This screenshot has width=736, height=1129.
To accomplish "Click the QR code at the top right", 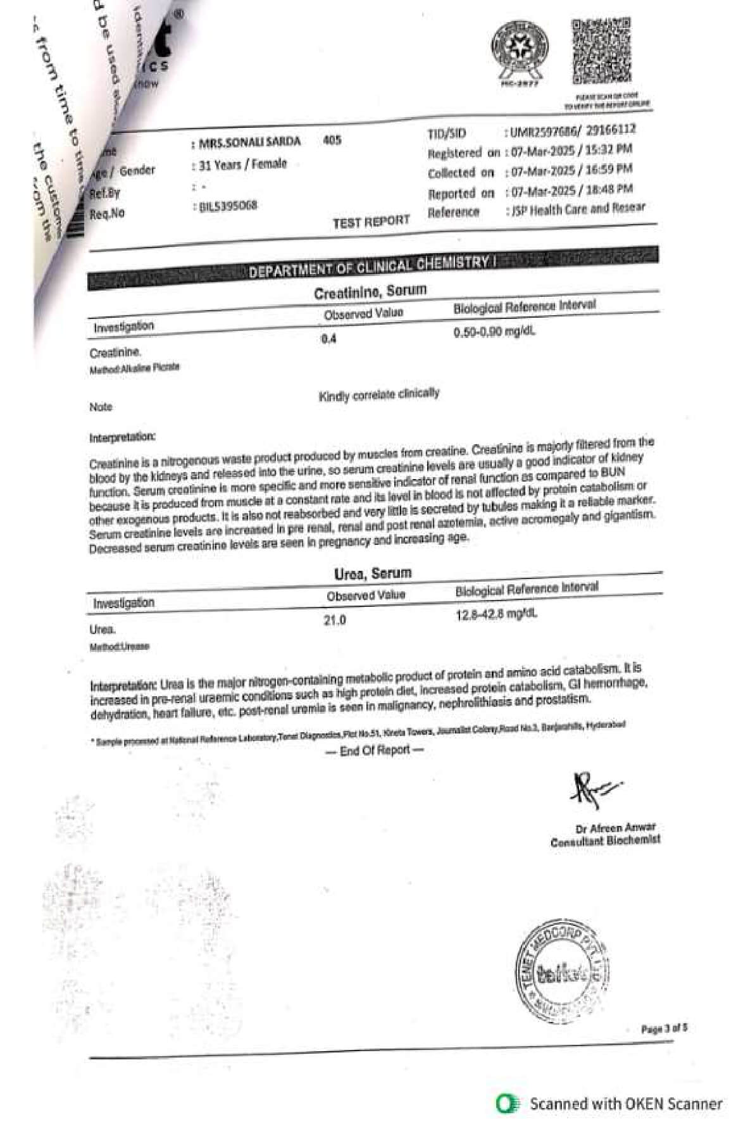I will click(601, 51).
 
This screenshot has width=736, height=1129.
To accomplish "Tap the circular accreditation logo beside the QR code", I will click(520, 50).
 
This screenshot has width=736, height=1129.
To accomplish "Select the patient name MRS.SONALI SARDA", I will click(249, 142).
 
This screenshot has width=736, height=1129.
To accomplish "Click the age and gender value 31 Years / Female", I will click(242, 165).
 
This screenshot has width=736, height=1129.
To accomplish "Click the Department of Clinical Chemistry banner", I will click(371, 266).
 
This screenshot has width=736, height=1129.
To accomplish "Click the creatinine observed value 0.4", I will click(328, 339).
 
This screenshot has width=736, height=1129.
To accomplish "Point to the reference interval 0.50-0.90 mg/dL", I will click(494, 332).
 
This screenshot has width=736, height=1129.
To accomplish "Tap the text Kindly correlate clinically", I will click(378, 395).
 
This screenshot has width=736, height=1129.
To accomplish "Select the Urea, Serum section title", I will click(373, 573).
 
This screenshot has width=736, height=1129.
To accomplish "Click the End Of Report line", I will click(375, 751).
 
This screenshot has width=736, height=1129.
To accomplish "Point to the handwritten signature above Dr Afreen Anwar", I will click(593, 789).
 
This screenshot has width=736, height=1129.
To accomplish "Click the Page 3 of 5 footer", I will click(664, 1029).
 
